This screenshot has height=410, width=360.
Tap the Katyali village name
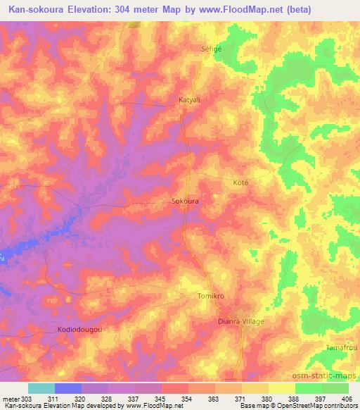[x=190, y=100]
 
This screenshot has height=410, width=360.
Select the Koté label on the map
[x=240, y=182]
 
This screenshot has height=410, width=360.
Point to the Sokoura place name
[x=185, y=201]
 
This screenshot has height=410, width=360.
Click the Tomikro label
[x=210, y=297]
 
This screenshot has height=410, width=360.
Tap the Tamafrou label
[x=342, y=348]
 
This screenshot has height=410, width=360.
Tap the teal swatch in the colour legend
[x=41, y=388]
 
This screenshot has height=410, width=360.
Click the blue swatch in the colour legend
[x=68, y=388]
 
